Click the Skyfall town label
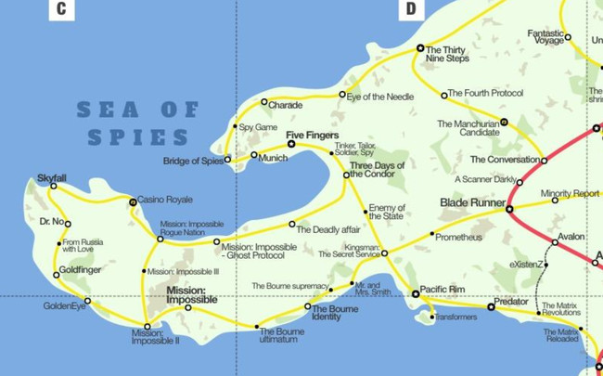[x=52, y=177]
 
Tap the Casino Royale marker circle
[x=133, y=201]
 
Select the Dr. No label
[x=53, y=222]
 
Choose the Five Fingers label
[x=309, y=136]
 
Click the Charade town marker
[x=264, y=102]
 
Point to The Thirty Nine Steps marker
[x=420, y=47]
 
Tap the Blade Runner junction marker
[x=508, y=209]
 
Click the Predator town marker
[x=491, y=306]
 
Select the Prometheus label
[x=459, y=238]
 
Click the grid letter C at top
[x=61, y=9]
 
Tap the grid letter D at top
[x=409, y=9]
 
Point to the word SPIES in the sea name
[x=139, y=137]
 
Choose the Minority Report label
[x=570, y=194]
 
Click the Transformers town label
[x=455, y=318]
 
